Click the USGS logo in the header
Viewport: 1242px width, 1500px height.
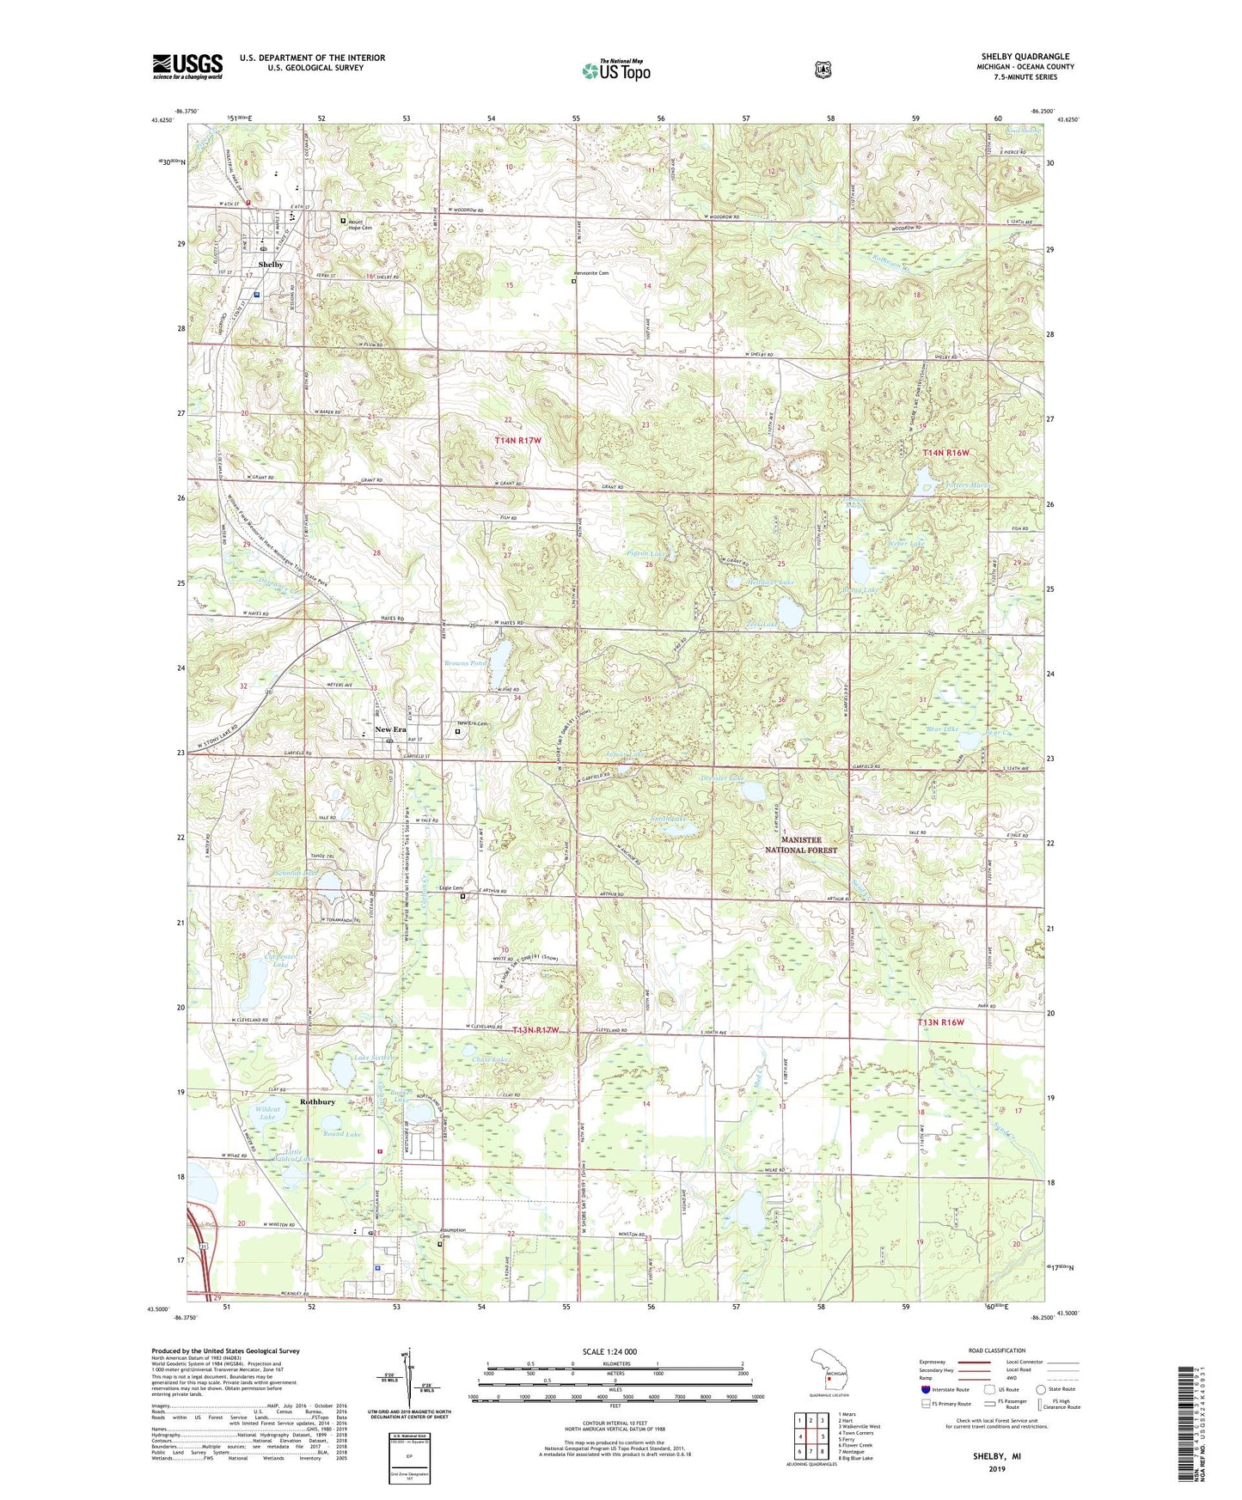click(187, 66)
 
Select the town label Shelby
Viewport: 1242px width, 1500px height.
click(271, 265)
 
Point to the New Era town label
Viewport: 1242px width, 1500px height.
click(391, 729)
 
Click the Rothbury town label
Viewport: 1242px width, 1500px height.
click(317, 1101)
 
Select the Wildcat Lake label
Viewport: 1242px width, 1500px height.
click(267, 1113)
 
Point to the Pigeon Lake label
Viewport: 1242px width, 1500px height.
click(645, 554)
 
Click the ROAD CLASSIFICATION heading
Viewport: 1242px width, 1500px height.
click(996, 1351)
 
